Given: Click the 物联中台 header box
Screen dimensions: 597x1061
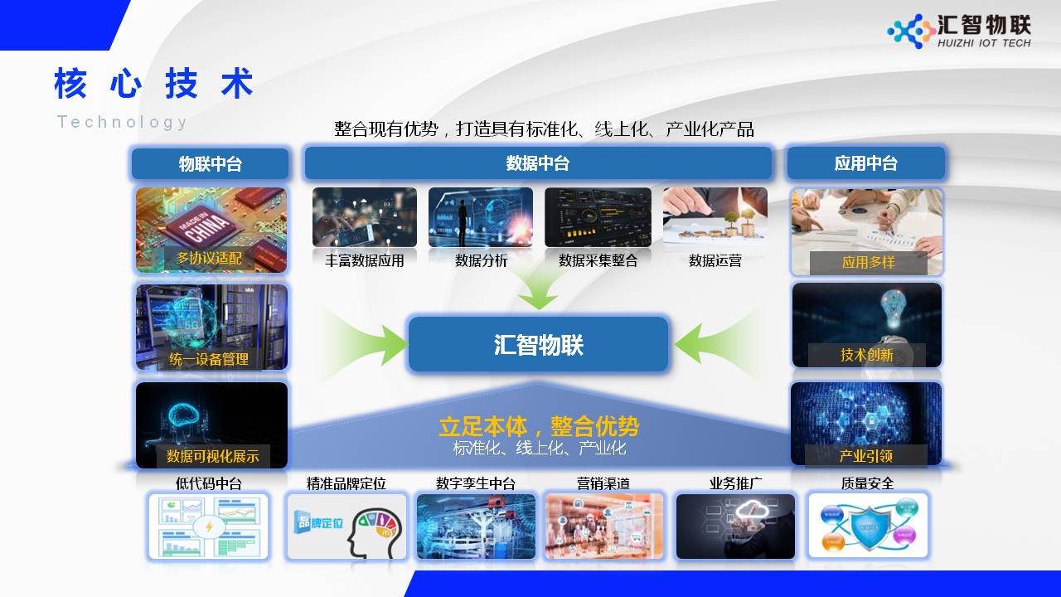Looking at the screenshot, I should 210,163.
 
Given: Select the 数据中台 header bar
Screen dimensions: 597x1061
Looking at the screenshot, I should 538,163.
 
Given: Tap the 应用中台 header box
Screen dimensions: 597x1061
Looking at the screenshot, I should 865,163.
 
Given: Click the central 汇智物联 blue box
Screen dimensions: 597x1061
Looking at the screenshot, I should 538,344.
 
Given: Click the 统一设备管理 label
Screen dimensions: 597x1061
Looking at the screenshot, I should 209,359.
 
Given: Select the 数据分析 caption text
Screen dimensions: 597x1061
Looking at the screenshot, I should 481,260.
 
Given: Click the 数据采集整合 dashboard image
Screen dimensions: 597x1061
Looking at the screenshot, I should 598,217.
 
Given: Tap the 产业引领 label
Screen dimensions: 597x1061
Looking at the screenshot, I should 865,456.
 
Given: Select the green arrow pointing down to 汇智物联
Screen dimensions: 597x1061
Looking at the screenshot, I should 538,289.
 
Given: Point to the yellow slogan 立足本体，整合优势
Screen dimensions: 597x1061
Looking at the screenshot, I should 539,427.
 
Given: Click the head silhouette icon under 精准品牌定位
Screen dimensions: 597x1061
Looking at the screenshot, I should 373,531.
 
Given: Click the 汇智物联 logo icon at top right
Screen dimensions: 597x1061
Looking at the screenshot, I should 911,32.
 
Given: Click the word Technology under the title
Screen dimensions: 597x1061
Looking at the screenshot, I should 122,122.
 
